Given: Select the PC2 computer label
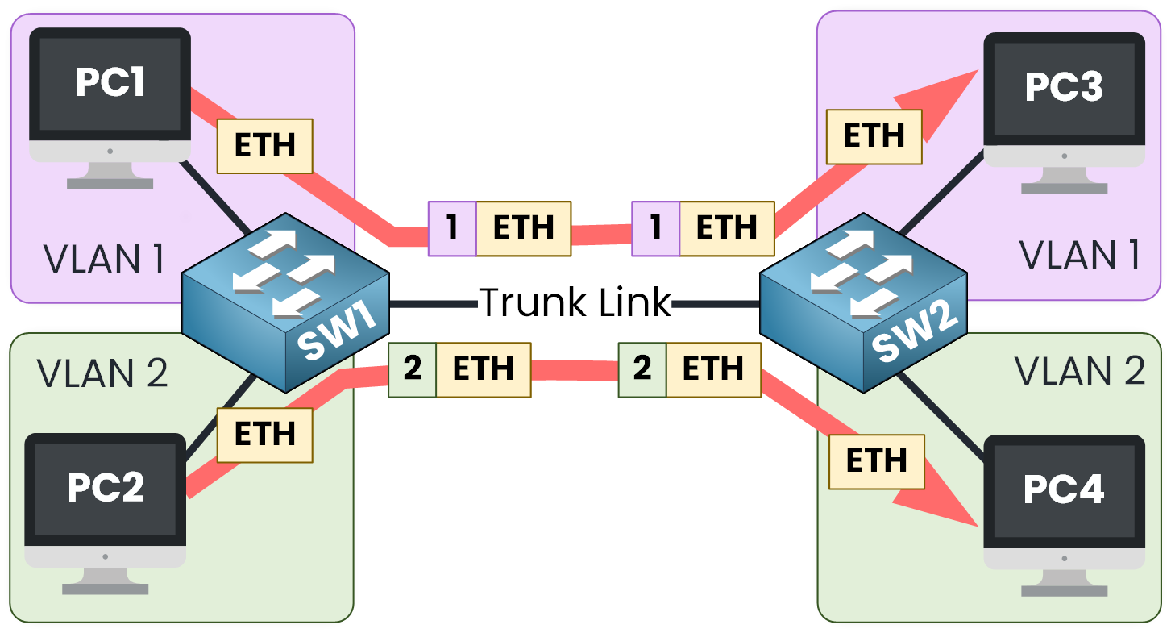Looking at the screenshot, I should click(x=106, y=486).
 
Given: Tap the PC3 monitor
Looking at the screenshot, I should click(x=1064, y=89).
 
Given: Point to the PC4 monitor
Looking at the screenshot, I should click(x=1064, y=490).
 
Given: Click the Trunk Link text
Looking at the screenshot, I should click(x=575, y=303).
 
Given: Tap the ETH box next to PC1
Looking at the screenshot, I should click(x=264, y=146).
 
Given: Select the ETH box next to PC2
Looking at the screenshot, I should click(x=264, y=435).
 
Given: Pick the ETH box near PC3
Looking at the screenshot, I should click(x=874, y=136).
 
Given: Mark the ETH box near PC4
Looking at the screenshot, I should click(x=876, y=461).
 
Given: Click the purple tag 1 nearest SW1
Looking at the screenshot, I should click(x=452, y=228).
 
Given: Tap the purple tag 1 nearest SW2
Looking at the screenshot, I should click(x=656, y=228).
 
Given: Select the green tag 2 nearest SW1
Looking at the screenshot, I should click(x=413, y=369).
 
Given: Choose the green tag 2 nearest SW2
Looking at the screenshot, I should click(x=642, y=369).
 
